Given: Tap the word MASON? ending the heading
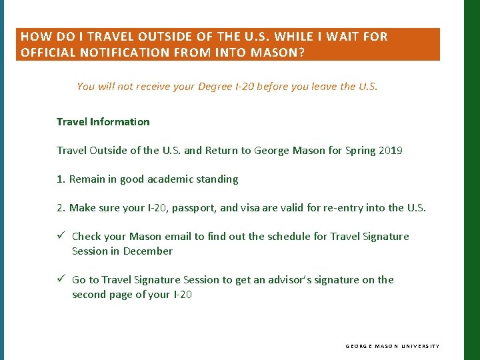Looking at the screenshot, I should tap(278, 52).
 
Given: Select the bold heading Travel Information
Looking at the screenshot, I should tap(103, 121).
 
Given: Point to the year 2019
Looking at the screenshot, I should tap(390, 150).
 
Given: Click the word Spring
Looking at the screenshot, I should tap(361, 150).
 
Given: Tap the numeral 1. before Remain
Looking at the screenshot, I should tap(61, 179).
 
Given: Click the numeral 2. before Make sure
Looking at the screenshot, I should tap(61, 207).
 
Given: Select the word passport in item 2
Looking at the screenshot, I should tap(194, 207).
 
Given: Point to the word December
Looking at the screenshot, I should tap(148, 251).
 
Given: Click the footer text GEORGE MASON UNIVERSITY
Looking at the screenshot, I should tap(392, 346).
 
